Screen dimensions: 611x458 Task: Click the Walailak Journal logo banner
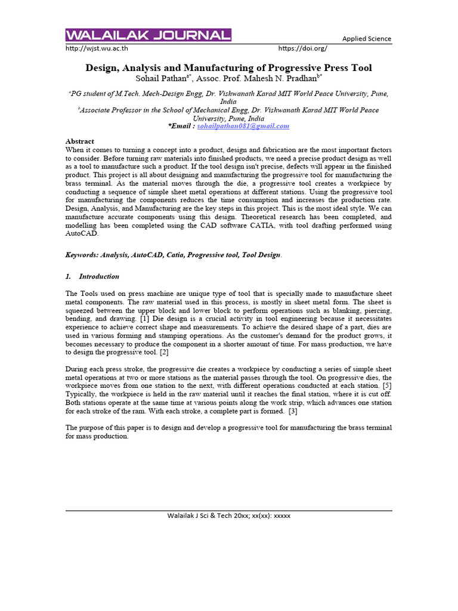[148, 35]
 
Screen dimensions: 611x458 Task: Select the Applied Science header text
[366, 39]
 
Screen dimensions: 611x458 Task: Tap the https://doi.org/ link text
[302, 48]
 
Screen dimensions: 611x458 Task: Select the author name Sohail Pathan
[161, 79]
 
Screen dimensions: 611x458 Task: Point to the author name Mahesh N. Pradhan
[284, 79]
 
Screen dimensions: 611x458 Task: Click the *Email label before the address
[181, 126]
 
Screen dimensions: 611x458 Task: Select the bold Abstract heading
[79, 141]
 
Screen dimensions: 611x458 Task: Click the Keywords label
[82, 255]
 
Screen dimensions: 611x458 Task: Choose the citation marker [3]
[292, 411]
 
